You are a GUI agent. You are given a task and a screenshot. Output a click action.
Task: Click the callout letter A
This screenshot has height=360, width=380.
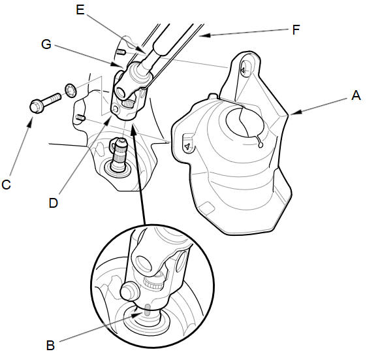point(356,95)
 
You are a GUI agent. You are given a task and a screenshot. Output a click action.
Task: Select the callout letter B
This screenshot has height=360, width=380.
point(50,345)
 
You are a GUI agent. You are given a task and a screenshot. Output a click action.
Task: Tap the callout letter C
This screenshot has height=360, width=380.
point(6,185)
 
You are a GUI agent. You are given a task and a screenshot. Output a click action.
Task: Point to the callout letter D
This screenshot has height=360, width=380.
point(54,203)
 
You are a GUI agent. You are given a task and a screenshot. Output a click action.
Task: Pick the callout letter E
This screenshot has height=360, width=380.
point(80,10)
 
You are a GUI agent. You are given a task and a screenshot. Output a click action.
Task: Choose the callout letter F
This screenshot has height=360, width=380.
point(296,30)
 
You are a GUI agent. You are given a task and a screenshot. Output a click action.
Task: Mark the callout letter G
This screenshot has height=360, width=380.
point(46,44)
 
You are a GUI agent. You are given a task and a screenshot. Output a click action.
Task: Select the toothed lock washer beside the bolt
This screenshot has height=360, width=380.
point(71,91)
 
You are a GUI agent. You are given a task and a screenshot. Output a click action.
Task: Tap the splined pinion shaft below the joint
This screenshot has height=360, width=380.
point(119,154)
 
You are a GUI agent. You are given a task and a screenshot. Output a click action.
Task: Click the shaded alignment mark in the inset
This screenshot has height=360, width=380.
point(147,310)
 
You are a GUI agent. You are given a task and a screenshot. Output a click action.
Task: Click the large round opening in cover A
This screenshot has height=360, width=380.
point(245,123)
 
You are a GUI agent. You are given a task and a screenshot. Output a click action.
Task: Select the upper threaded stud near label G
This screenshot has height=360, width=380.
point(120,52)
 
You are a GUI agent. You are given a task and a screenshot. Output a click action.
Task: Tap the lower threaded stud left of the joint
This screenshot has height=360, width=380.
point(80,118)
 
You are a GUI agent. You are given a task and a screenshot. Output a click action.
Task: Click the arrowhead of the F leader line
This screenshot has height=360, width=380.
point(205,35)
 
